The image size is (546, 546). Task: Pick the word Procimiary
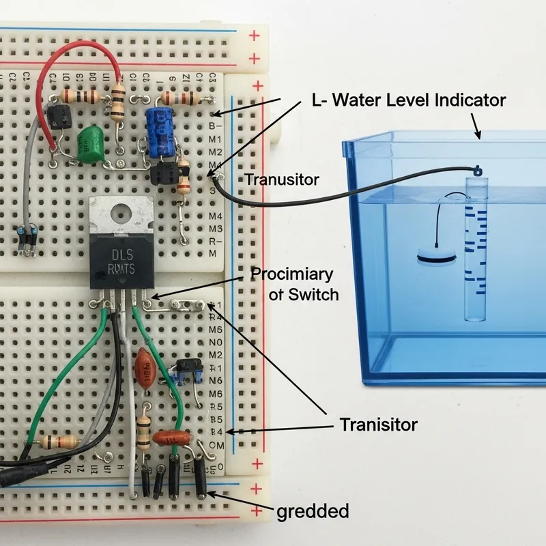[x=292, y=275]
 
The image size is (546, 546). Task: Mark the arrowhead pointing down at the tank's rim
[x=480, y=134]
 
